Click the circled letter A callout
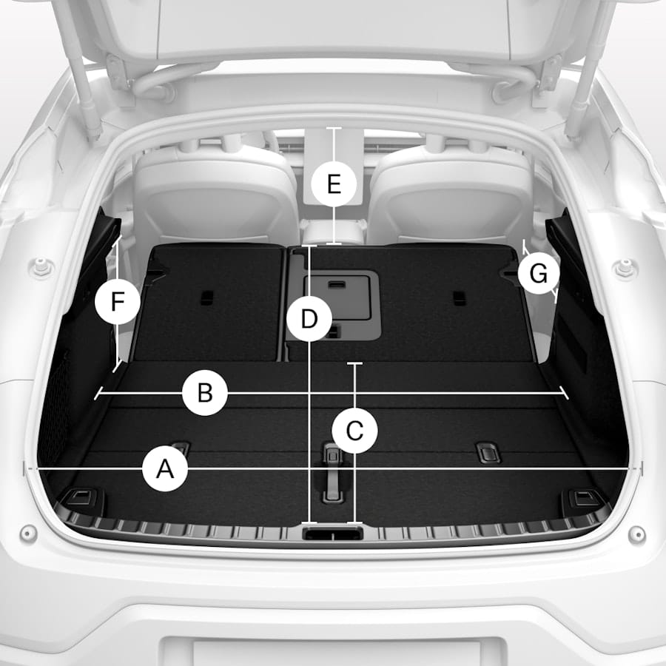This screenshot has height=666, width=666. coord(165,469)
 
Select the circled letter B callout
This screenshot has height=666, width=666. coord(205,392)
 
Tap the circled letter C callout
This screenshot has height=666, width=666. coord(354,431)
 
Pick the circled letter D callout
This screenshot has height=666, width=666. coord(309,319)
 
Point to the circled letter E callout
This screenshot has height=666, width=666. coord(334,184)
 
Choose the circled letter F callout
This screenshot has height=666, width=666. coord(118,302)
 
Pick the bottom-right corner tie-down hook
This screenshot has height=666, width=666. coord(585,498)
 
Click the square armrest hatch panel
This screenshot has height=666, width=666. coord(337,297)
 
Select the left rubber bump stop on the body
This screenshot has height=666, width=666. coord(41,269)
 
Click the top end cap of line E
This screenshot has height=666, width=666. coord(334,128)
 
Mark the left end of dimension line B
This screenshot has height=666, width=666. coord(97,394)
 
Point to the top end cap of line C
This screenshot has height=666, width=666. coord(354,363)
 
